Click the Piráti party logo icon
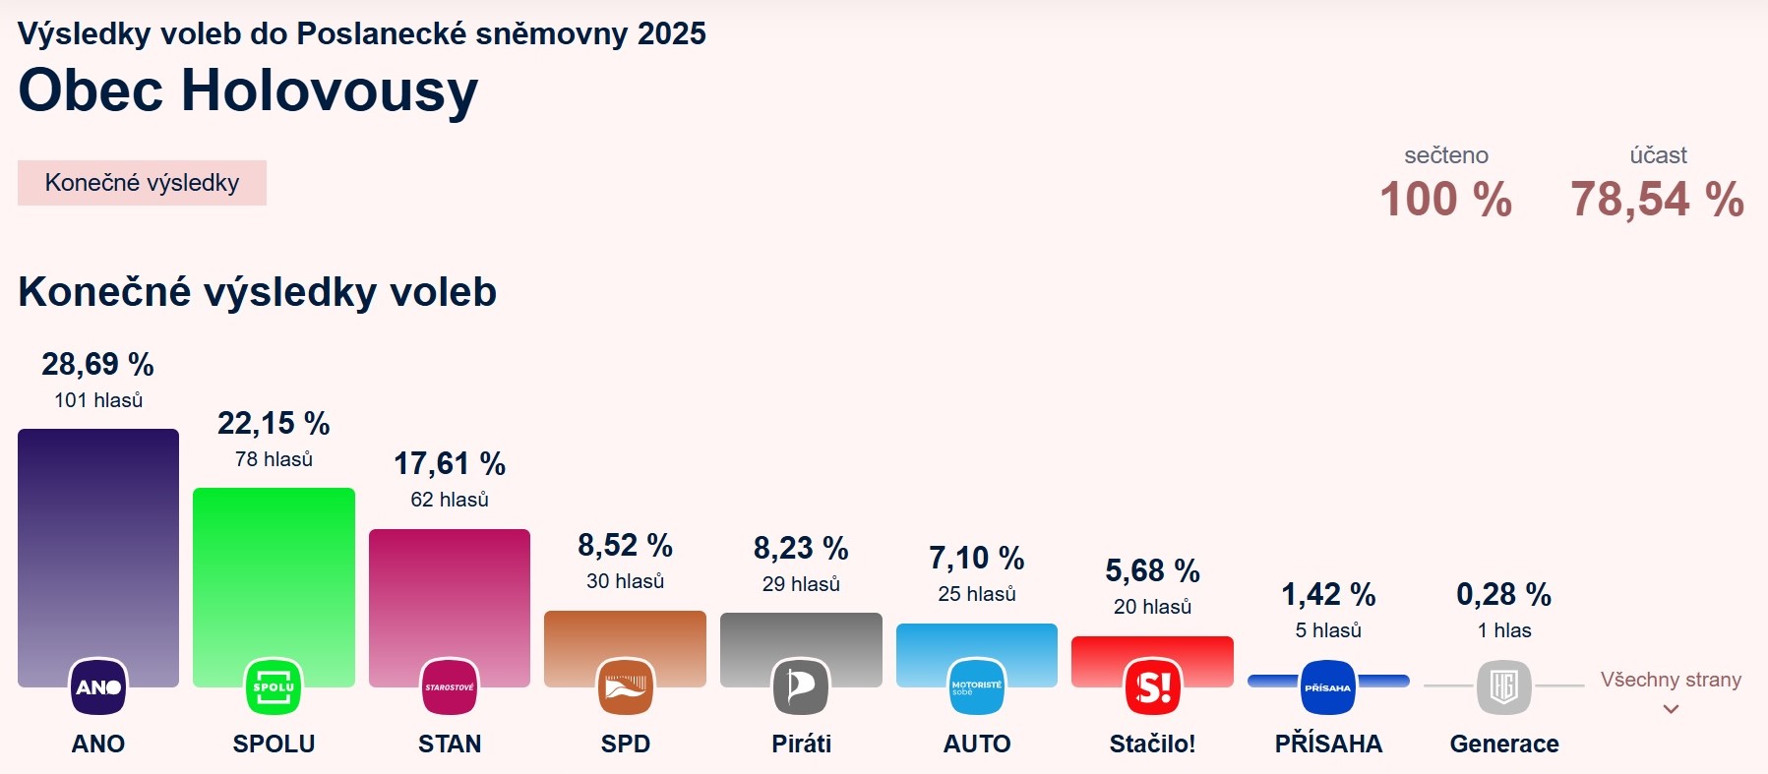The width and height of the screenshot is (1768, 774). pos(801,686)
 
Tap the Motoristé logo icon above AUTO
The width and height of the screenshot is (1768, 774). pos(977,686)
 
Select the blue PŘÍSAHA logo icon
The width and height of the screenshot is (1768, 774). pos(1328,686)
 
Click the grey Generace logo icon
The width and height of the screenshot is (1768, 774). pos(1503,686)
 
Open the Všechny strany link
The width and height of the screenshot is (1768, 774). pos(1671,681)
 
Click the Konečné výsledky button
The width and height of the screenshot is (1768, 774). pos(142,183)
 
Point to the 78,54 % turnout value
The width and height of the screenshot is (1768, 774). pos(1657,200)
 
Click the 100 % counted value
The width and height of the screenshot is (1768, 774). pos(1445,200)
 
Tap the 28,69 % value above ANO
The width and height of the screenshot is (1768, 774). pos(98,365)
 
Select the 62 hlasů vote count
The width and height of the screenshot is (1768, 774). pos(450,500)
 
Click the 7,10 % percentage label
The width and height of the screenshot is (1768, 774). pos(977,559)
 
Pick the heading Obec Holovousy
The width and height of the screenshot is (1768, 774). pos(248,90)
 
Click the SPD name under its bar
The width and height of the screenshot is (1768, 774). pos(625,744)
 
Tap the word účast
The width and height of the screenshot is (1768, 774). pos(1658,155)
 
